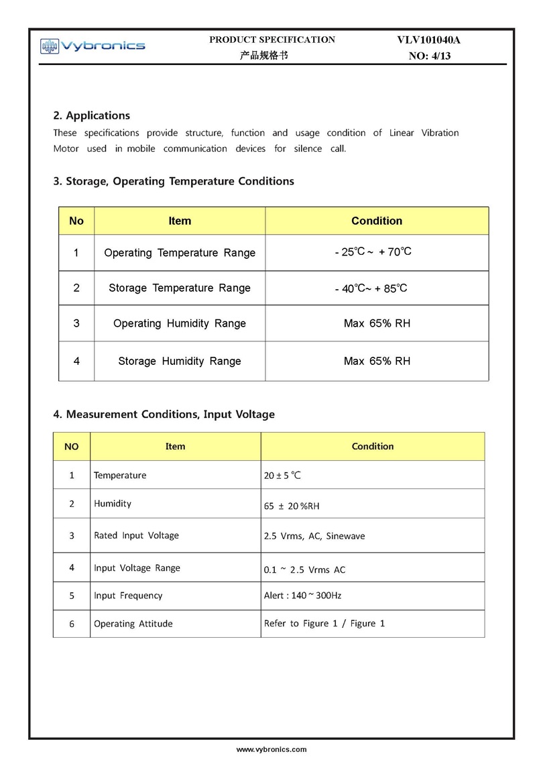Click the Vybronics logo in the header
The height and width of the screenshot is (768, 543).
(x=93, y=46)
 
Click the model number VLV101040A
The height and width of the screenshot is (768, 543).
(x=429, y=40)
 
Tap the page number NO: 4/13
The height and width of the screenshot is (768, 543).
(x=430, y=56)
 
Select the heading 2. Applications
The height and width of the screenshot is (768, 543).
(x=92, y=115)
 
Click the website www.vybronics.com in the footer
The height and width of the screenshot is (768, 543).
(x=271, y=749)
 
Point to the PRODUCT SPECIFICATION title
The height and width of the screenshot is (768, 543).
(x=272, y=40)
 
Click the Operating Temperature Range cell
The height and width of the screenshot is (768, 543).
(x=180, y=253)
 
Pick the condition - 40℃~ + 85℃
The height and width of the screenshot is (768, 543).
(x=371, y=288)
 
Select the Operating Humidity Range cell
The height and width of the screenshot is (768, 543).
(x=180, y=323)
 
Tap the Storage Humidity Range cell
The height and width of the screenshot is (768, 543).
(x=180, y=361)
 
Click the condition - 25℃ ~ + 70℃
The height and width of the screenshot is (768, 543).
(x=373, y=252)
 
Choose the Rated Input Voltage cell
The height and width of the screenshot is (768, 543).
(x=137, y=535)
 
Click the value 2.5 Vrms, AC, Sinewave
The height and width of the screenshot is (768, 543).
(x=314, y=536)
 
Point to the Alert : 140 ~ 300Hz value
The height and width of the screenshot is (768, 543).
(x=303, y=595)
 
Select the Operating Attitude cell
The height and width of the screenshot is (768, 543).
(x=133, y=624)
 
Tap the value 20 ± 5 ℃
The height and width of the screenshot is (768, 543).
(x=283, y=476)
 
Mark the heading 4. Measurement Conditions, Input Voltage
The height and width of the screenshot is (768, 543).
(x=164, y=415)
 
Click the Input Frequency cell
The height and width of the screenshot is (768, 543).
(x=128, y=595)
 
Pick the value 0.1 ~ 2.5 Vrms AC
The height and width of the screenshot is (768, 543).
(x=305, y=569)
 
